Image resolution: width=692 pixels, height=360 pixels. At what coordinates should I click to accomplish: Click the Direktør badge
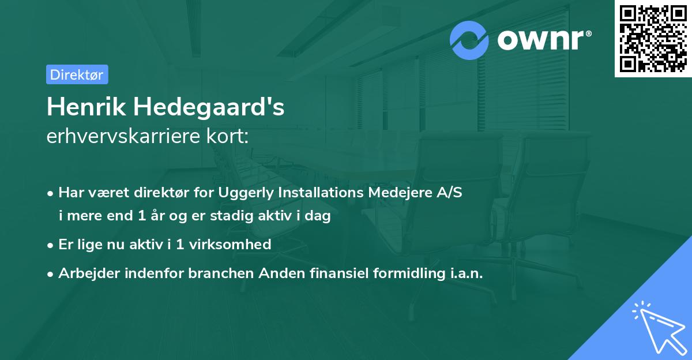pyautogui.click(x=77, y=74)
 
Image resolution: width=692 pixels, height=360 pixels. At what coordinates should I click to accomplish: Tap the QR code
pyautogui.click(x=653, y=38)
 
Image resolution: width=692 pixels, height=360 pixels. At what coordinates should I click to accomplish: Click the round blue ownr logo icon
pyautogui.click(x=469, y=40)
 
